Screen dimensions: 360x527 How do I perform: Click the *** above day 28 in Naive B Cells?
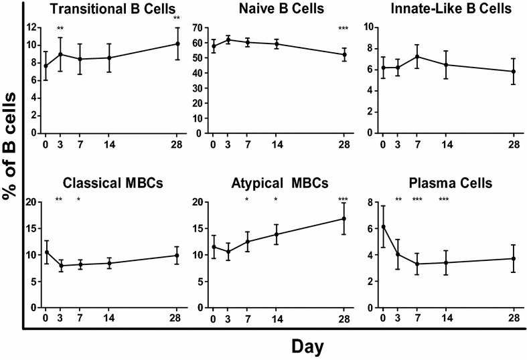coord(344,28)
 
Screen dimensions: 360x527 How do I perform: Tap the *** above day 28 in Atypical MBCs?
coord(344,200)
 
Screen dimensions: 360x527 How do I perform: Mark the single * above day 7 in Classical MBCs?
coord(78,200)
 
